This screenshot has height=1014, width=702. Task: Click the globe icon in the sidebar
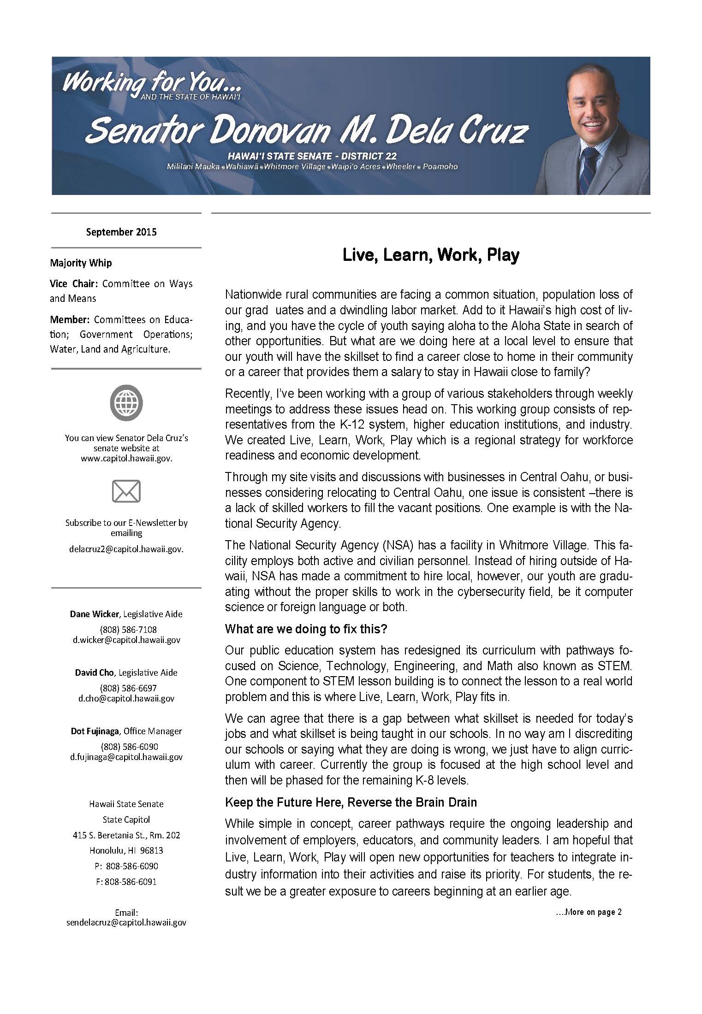(x=126, y=403)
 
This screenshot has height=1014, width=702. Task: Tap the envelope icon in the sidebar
(x=126, y=491)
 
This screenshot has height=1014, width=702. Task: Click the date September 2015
(x=121, y=232)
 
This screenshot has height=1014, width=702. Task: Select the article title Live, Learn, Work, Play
(x=431, y=255)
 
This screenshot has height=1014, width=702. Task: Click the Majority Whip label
(x=81, y=263)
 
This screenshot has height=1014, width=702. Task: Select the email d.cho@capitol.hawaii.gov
(x=126, y=698)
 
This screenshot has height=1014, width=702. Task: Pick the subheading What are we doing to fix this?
(x=306, y=629)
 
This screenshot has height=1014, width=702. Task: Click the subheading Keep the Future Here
(x=351, y=802)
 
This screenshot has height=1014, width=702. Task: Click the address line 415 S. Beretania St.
(x=126, y=835)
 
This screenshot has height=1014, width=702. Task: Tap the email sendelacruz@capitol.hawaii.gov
(x=126, y=923)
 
